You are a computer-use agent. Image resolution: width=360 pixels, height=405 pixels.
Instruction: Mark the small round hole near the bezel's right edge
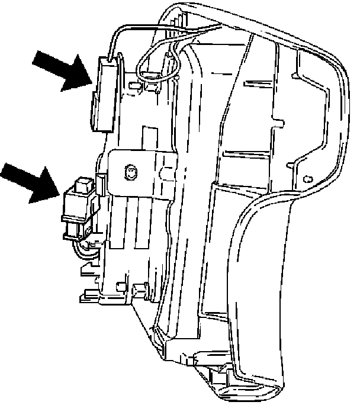307,178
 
